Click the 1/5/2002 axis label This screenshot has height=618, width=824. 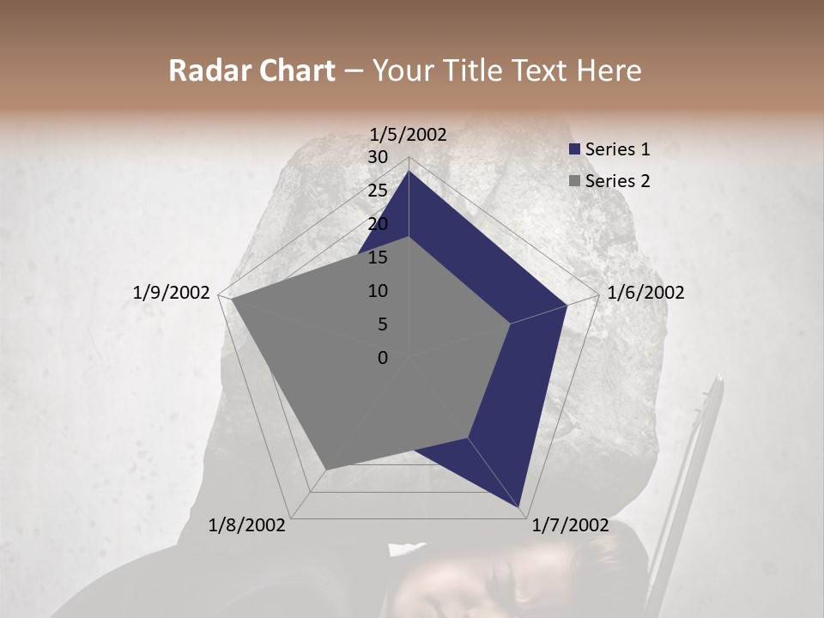click(x=409, y=134)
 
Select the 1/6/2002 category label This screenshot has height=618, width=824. click(x=645, y=293)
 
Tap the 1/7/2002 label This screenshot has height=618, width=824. click(x=571, y=525)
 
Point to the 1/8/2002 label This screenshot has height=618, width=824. click(x=247, y=525)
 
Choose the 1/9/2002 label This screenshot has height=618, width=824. click(x=172, y=293)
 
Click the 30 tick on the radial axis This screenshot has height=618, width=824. click(x=378, y=157)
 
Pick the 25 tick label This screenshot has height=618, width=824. click(x=378, y=191)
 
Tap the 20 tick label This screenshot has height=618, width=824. click(x=378, y=224)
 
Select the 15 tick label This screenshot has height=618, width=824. click(x=378, y=257)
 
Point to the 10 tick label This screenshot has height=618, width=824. click(x=378, y=291)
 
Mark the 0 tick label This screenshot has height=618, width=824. click(x=383, y=358)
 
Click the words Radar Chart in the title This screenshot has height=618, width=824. click(x=252, y=71)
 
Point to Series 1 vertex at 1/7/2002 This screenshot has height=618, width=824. click(x=520, y=508)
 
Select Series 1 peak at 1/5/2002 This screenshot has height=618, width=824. click(x=409, y=171)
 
